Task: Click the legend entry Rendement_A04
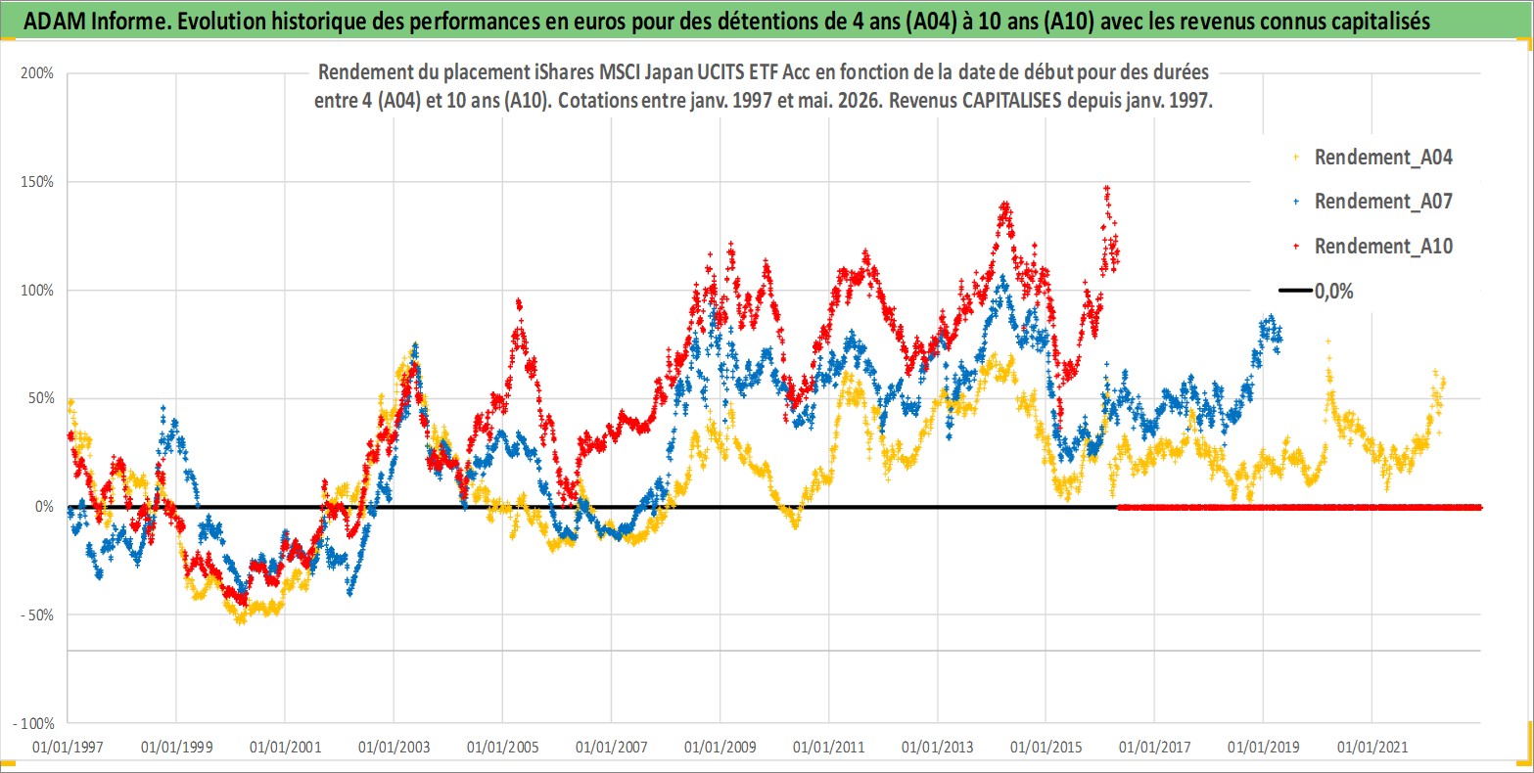click(x=1373, y=158)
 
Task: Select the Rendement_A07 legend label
click(x=1373, y=202)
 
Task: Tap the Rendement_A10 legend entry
click(x=1373, y=246)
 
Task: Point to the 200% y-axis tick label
click(x=37, y=73)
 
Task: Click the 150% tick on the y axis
click(x=37, y=181)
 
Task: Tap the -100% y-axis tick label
click(x=33, y=723)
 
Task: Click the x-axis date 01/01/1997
click(x=68, y=747)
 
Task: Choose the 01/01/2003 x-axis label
click(x=394, y=747)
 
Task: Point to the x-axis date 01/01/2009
click(x=720, y=747)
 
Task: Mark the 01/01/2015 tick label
click(x=1046, y=747)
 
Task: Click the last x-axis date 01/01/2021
click(x=1372, y=747)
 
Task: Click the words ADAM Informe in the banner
click(x=97, y=22)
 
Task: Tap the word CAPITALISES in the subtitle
click(x=1012, y=101)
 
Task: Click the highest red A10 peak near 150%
click(x=1106, y=188)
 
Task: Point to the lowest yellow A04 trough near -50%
click(x=240, y=621)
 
